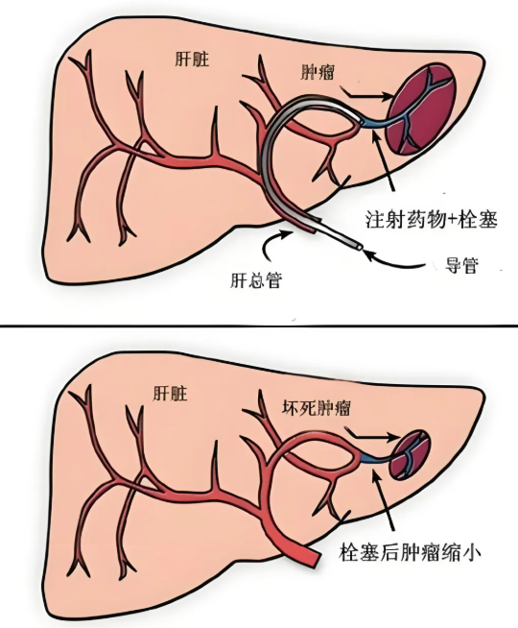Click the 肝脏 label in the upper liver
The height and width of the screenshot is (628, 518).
click(x=192, y=60)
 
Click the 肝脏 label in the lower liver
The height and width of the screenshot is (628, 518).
click(x=170, y=394)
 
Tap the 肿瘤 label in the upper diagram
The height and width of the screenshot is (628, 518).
click(x=318, y=72)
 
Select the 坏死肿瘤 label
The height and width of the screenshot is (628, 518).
click(x=317, y=408)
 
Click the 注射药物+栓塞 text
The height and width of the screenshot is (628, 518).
click(x=432, y=219)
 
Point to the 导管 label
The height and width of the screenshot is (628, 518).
click(x=462, y=265)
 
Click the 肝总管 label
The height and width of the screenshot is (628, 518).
click(x=256, y=280)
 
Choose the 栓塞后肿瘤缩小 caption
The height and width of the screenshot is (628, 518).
click(x=410, y=553)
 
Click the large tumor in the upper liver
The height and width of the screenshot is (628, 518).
click(x=422, y=109)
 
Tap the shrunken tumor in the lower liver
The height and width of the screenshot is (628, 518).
click(x=411, y=454)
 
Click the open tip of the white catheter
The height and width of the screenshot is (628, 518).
click(x=359, y=247)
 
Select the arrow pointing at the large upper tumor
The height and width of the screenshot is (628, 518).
click(x=365, y=94)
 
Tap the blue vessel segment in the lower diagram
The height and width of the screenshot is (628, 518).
click(x=376, y=459)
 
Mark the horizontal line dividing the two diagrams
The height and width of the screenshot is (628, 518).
click(x=259, y=326)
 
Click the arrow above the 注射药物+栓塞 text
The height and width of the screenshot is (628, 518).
click(x=383, y=162)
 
